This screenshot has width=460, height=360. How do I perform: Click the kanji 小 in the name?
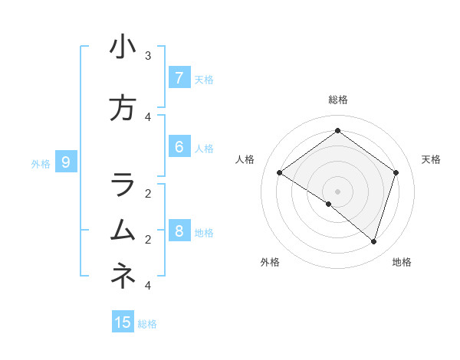tap(123, 47)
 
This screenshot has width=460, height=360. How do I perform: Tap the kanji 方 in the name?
tap(123, 108)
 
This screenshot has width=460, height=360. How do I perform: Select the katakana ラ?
tap(123, 185)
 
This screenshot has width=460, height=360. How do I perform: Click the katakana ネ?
tap(123, 275)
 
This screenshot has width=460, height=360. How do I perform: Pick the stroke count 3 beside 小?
tap(147, 56)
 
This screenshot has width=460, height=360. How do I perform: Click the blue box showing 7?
tap(179, 77)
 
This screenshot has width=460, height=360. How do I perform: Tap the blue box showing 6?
tap(179, 147)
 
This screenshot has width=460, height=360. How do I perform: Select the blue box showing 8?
tap(179, 231)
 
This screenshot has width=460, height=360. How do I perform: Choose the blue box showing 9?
tap(66, 162)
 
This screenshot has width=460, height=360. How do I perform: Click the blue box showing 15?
tap(123, 322)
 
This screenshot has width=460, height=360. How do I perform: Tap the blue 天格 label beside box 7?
tap(204, 79)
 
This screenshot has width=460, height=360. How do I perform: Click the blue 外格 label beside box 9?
tap(41, 163)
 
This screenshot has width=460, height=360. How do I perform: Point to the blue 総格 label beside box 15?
tap(147, 324)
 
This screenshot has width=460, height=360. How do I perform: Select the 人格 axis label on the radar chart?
tap(245, 159)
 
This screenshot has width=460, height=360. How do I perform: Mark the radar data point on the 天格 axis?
tap(396, 172)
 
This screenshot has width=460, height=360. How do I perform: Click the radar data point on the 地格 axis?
tap(373, 241)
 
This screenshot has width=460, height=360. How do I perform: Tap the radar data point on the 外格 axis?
tap(329, 204)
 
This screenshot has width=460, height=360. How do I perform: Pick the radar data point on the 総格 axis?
tap(337, 130)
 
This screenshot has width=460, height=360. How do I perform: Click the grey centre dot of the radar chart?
tap(337, 191)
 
